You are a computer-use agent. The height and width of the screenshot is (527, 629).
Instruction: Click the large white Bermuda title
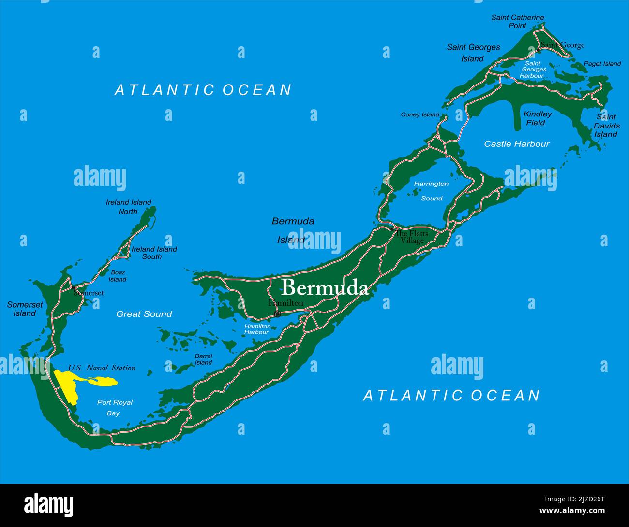tap(325, 287)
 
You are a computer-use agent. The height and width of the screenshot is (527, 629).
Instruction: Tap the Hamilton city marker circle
tap(277, 314)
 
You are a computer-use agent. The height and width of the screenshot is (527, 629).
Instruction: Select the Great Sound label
tap(144, 314)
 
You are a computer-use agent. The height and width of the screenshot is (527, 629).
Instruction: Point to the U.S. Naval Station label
tap(102, 368)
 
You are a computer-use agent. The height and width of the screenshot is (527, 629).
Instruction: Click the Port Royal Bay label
tap(114, 408)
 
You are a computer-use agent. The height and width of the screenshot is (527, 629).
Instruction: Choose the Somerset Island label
tap(25, 309)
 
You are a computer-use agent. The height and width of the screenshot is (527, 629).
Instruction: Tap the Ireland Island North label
tap(128, 207)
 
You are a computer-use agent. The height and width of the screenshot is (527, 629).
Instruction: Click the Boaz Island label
tap(117, 276)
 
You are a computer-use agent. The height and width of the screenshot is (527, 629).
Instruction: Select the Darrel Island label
tap(203, 359)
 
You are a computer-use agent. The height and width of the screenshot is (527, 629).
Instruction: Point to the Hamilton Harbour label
tap(257, 329)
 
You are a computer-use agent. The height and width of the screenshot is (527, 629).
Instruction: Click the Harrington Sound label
tap(431, 191)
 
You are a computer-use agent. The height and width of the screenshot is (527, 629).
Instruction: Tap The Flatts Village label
tap(412, 237)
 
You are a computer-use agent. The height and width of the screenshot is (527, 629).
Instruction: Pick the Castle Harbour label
tap(517, 144)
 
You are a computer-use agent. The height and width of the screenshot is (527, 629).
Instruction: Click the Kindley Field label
tap(537, 118)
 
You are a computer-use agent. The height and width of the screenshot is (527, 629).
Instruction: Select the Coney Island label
tap(420, 115)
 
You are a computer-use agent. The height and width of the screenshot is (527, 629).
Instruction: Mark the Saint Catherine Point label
tap(517, 21)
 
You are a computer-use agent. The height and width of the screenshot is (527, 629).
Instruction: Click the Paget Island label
tap(602, 64)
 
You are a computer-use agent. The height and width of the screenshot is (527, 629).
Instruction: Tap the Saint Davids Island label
tap(606, 126)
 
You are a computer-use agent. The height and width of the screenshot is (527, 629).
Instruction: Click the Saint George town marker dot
tap(538, 50)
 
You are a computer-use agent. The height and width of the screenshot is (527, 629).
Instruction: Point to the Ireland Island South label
tap(154, 253)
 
